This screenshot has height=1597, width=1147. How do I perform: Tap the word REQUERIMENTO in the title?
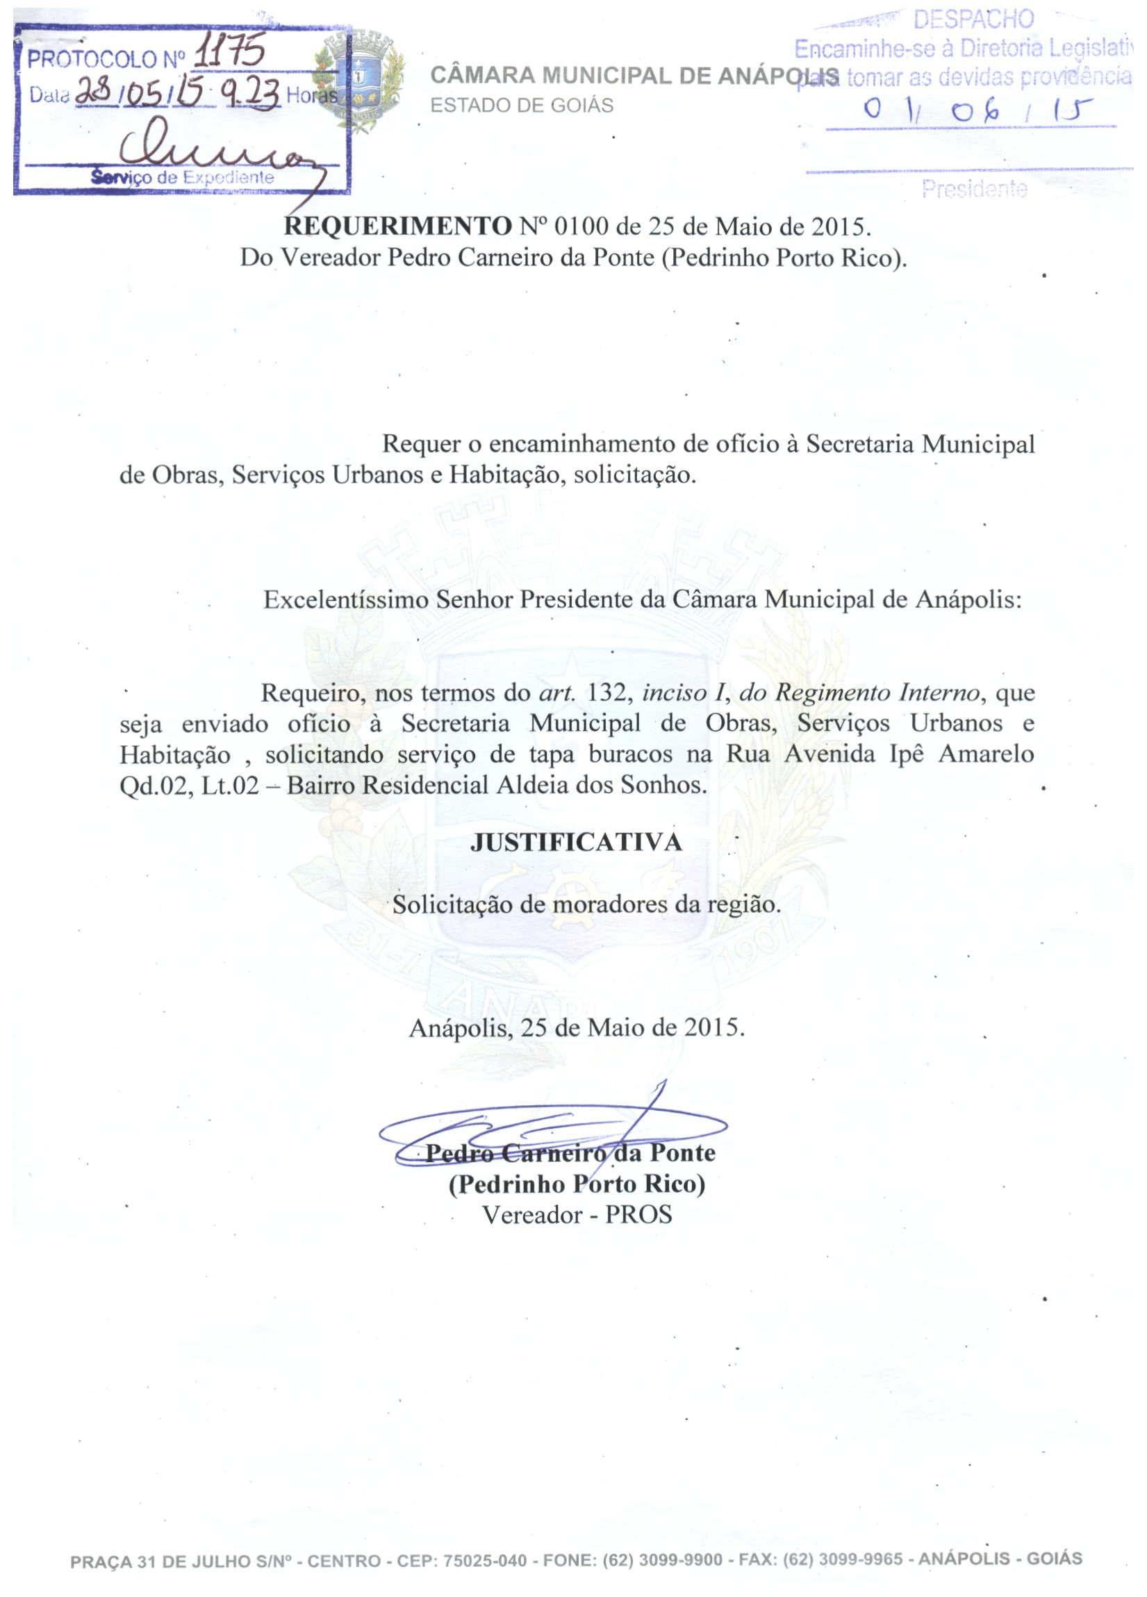click(x=397, y=226)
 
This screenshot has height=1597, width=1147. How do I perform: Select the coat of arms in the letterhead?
click(x=360, y=78)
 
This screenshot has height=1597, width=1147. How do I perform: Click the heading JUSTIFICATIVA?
click(x=576, y=843)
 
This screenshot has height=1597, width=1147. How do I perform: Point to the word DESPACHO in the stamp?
click(x=973, y=19)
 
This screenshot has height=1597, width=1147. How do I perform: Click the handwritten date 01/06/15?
click(x=979, y=109)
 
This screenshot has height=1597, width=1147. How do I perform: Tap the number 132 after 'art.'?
click(x=606, y=693)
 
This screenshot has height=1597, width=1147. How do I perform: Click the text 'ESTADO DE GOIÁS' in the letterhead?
click(x=522, y=106)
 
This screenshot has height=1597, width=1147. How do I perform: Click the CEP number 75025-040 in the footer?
click(x=484, y=1561)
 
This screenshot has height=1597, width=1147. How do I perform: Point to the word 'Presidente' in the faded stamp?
click(x=975, y=189)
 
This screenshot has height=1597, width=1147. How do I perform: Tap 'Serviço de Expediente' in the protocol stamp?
click(x=182, y=177)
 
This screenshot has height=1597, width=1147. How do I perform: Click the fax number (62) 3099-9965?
click(x=843, y=1559)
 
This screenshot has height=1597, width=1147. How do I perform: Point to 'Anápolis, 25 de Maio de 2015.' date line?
click(x=576, y=1028)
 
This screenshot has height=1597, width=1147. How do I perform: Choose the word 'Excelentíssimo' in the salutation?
click(x=346, y=600)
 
